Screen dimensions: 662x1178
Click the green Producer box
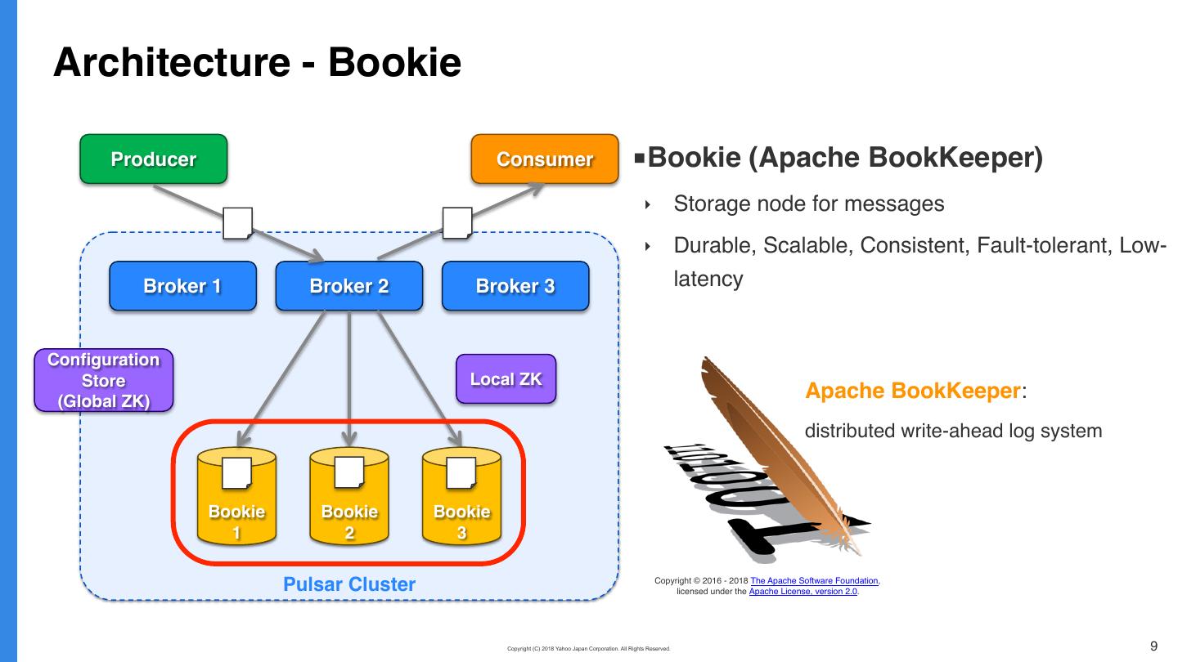(x=153, y=159)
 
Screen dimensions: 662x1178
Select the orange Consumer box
(x=545, y=159)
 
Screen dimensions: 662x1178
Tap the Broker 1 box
(x=182, y=286)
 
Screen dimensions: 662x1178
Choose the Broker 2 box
(x=349, y=286)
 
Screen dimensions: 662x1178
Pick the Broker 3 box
(x=515, y=286)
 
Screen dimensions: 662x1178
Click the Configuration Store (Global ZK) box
(x=104, y=381)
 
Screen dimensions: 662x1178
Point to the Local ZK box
(x=506, y=379)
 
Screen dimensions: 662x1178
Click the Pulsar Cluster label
(x=349, y=584)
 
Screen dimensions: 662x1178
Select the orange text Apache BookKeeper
(x=911, y=391)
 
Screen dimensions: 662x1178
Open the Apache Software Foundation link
(x=814, y=581)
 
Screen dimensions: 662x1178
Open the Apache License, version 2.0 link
(x=803, y=591)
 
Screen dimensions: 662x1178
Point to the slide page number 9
(x=1154, y=646)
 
